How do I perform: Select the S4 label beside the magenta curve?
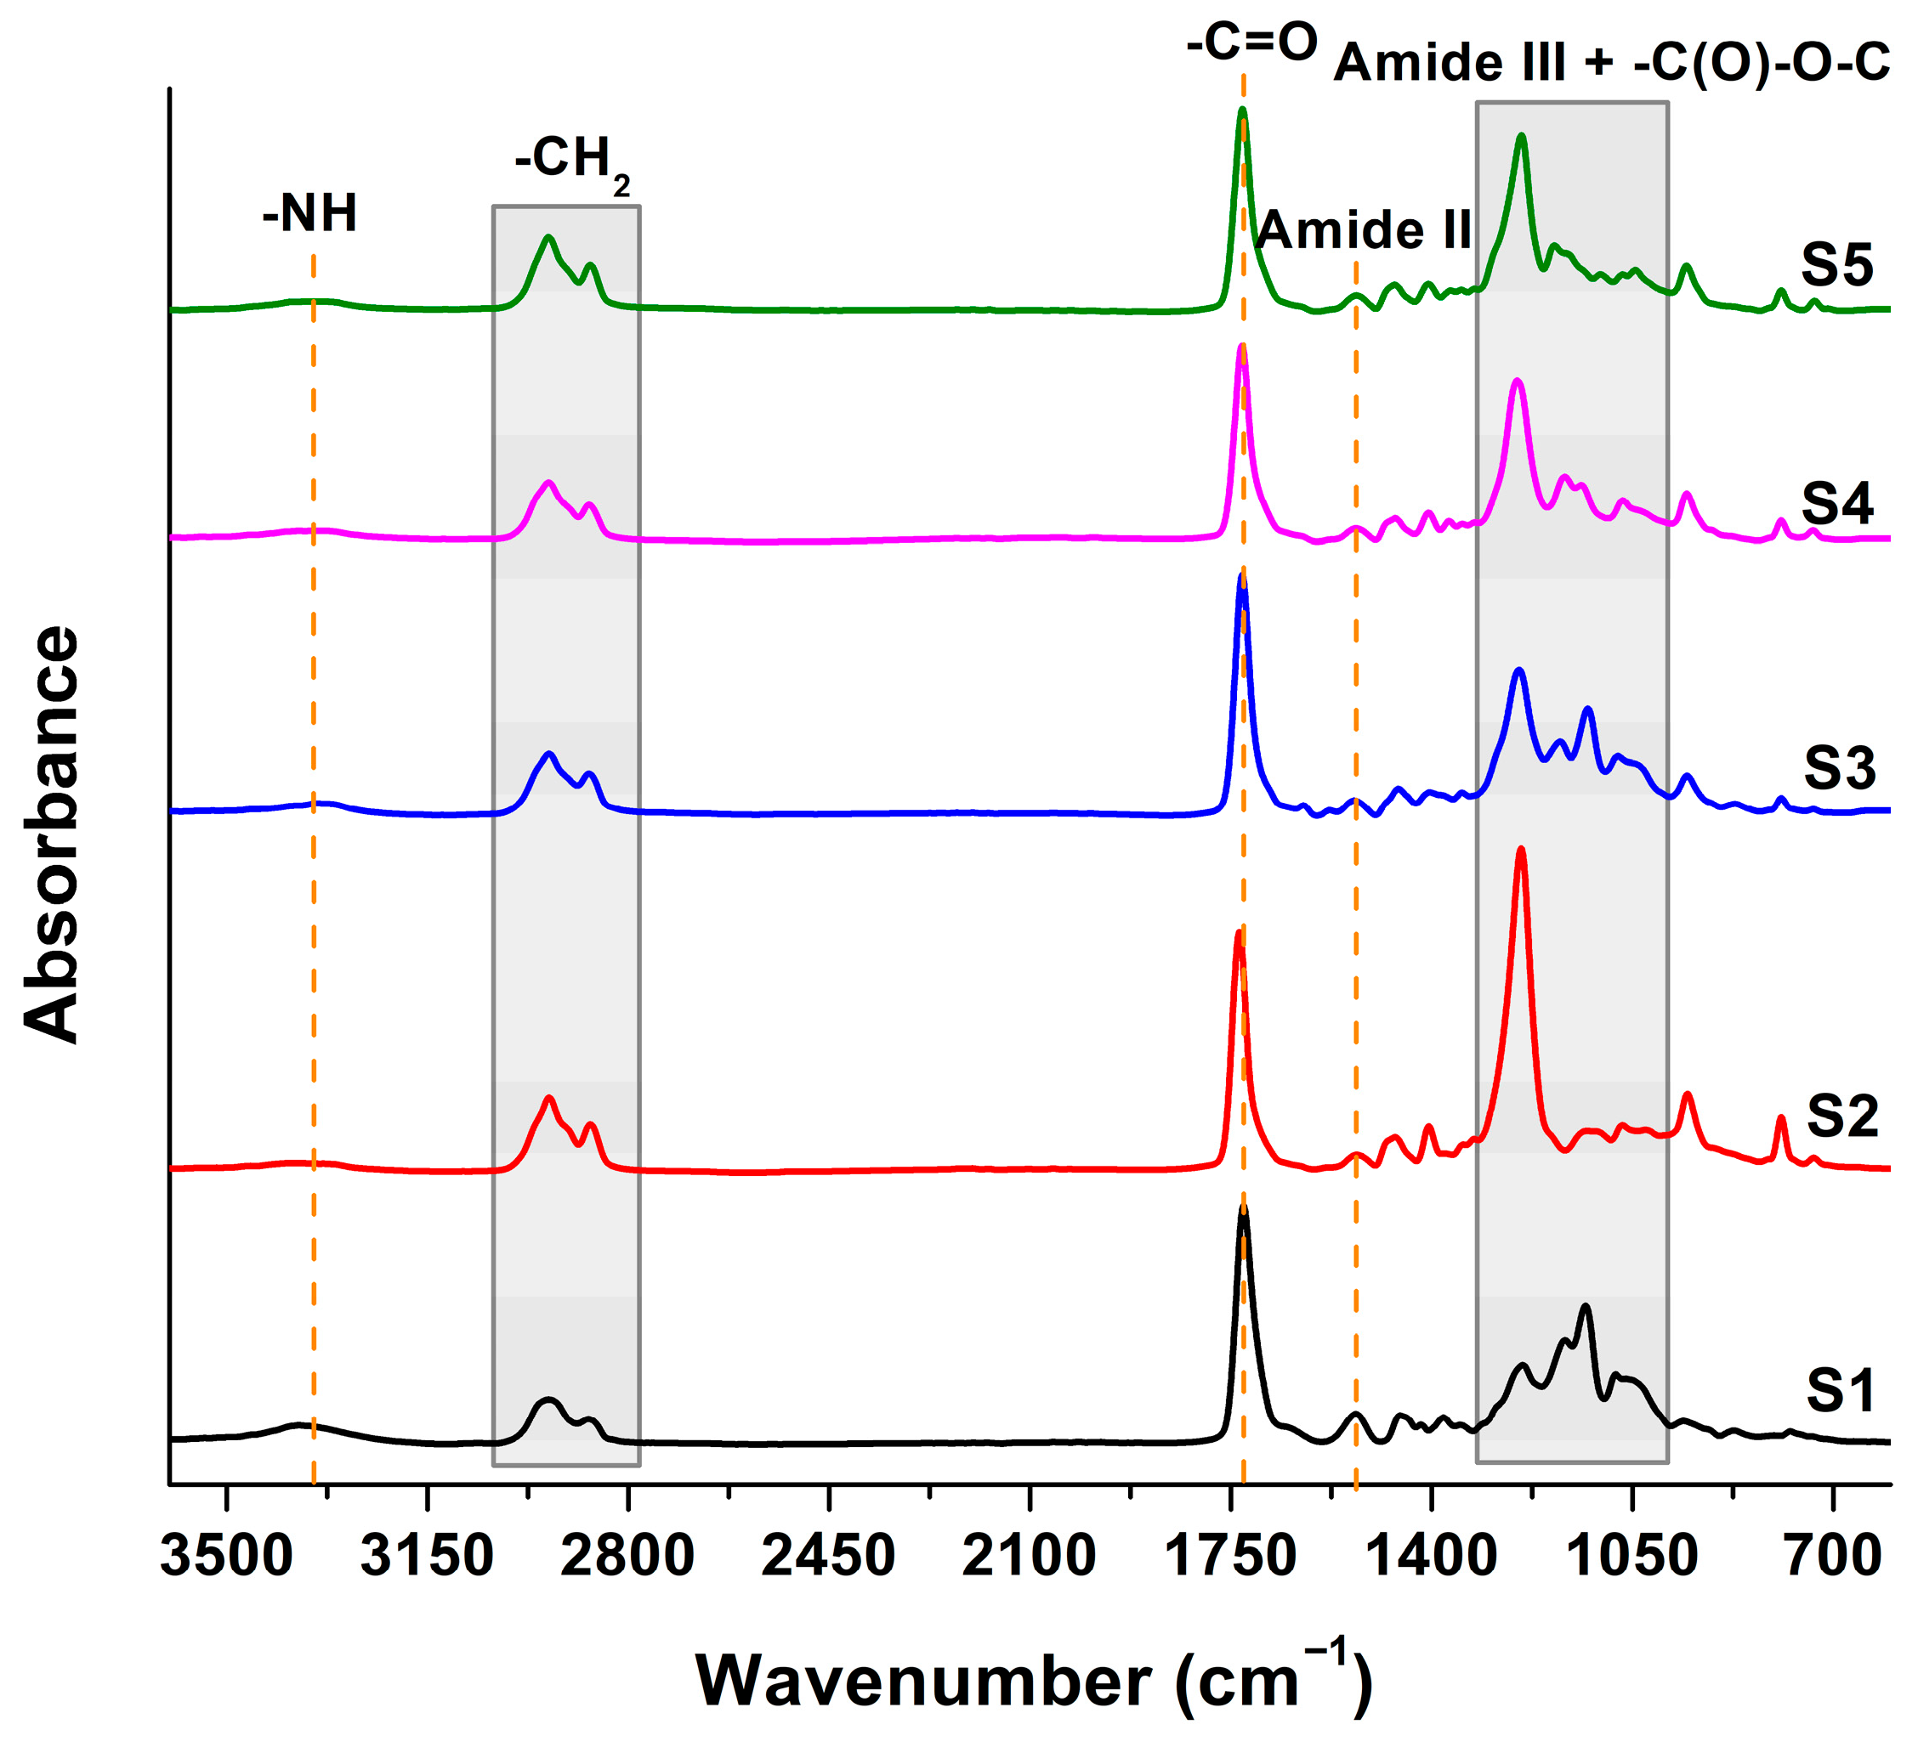point(1836,503)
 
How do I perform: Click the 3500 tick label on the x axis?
point(226,1558)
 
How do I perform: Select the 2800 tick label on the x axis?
point(627,1558)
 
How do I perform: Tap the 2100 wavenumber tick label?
point(1030,1558)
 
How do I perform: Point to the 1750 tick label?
point(1230,1558)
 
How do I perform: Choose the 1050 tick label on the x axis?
point(1631,1558)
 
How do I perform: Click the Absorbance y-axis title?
point(53,834)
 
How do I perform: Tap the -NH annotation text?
point(310,213)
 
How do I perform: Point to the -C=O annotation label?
point(1252,42)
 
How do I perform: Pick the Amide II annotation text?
point(1364,230)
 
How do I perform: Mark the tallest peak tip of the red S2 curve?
point(1520,849)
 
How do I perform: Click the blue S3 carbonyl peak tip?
point(1241,575)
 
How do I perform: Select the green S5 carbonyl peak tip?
point(1241,110)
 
